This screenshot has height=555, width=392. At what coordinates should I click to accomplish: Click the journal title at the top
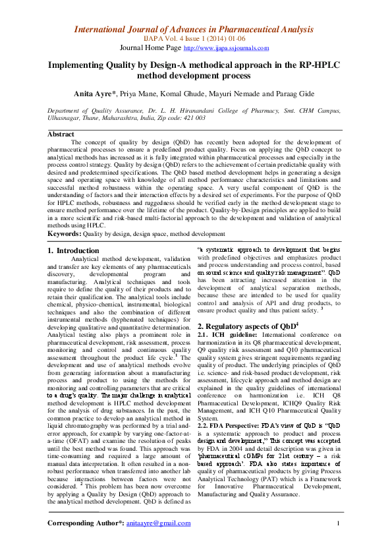pyautogui.click(x=196, y=29)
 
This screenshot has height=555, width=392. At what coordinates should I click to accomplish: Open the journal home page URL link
pyautogui.click(x=226, y=48)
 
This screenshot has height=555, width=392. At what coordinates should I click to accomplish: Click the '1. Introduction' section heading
pyautogui.click(x=74, y=250)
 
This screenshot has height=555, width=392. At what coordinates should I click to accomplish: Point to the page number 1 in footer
pyautogui.click(x=337, y=523)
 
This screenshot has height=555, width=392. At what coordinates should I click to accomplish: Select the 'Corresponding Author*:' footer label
pyautogui.click(x=86, y=523)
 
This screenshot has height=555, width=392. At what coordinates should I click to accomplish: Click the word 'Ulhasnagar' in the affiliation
pyautogui.click(x=65, y=118)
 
